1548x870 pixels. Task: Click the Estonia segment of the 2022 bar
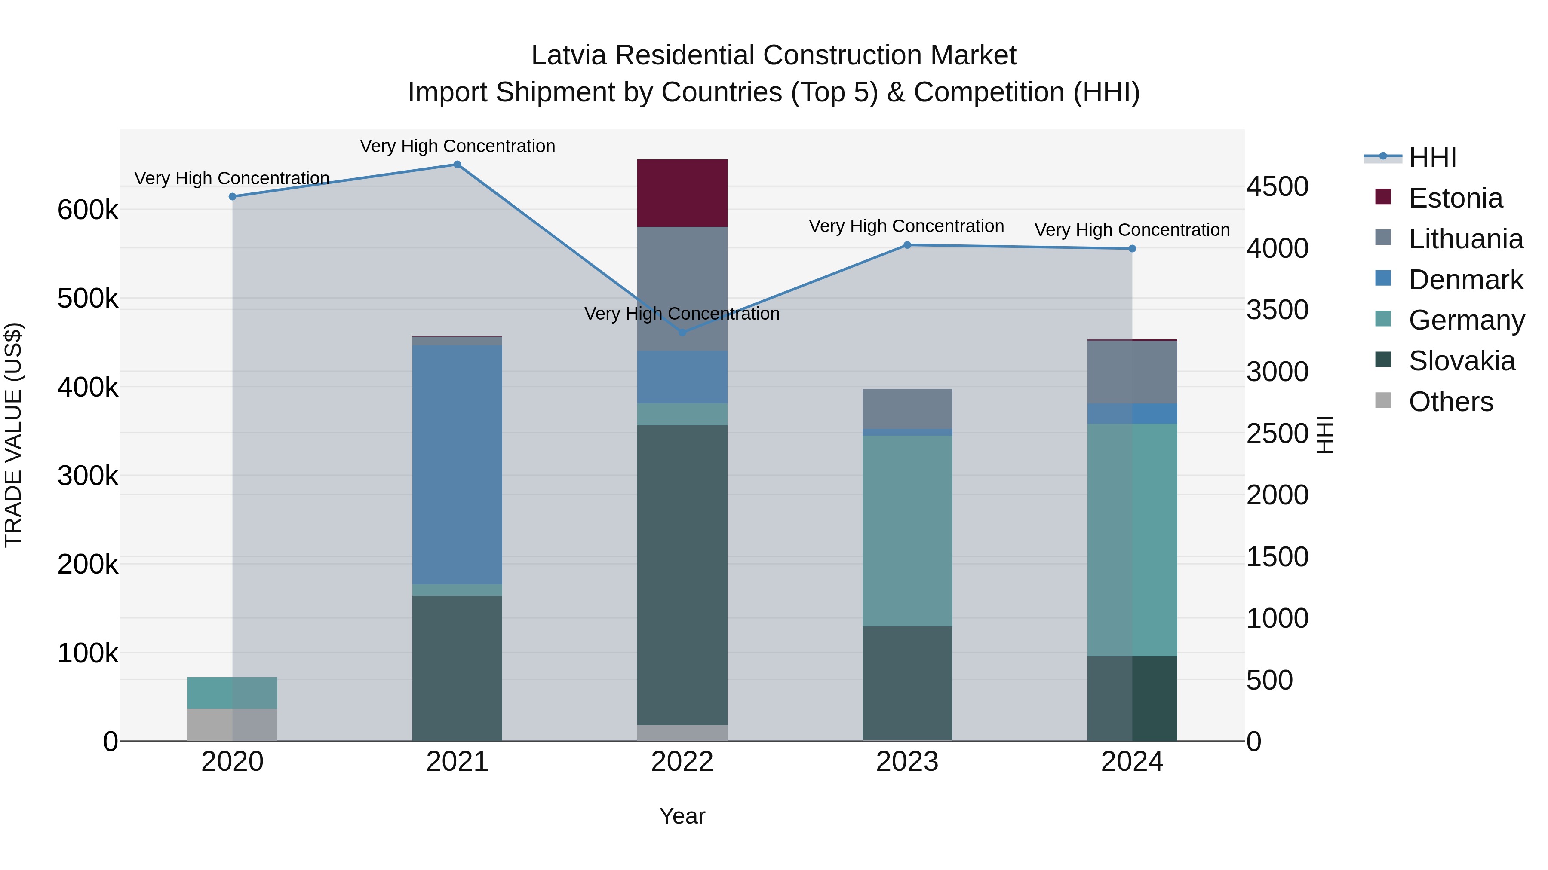click(x=682, y=193)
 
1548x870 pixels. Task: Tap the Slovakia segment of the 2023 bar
click(x=907, y=683)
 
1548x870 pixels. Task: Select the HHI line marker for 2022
click(x=682, y=332)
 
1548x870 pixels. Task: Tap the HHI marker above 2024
click(x=1132, y=249)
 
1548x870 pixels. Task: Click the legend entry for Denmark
click(x=1465, y=280)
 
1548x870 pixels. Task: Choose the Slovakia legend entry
click(x=1462, y=361)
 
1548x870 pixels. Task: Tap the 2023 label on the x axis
click(x=907, y=762)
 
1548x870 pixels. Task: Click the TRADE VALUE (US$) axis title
click(x=13, y=435)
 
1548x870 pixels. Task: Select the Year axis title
click(x=682, y=816)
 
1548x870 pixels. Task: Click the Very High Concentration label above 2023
click(x=906, y=226)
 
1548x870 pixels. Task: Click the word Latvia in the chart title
click(x=568, y=55)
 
